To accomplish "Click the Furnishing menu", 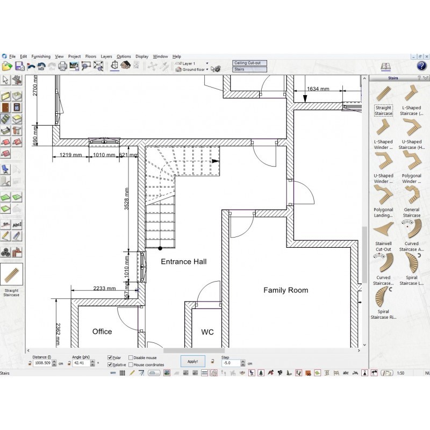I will tap(41, 56).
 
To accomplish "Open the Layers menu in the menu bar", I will tap(106, 56).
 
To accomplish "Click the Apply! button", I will tap(192, 362).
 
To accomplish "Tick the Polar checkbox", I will tap(110, 357).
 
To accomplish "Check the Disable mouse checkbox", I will tap(131, 357).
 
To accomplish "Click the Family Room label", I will tap(285, 290).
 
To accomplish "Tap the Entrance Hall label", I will tap(184, 262).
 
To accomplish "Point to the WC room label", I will tap(207, 332).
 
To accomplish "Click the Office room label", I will tap(102, 332).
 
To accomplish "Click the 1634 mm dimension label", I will tap(318, 89).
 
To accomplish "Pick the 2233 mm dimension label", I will tap(104, 289).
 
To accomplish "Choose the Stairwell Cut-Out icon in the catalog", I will tap(383, 230).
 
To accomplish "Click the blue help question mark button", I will tap(421, 66).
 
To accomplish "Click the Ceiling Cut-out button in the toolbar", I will tap(249, 63).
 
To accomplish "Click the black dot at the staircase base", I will tap(160, 248).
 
